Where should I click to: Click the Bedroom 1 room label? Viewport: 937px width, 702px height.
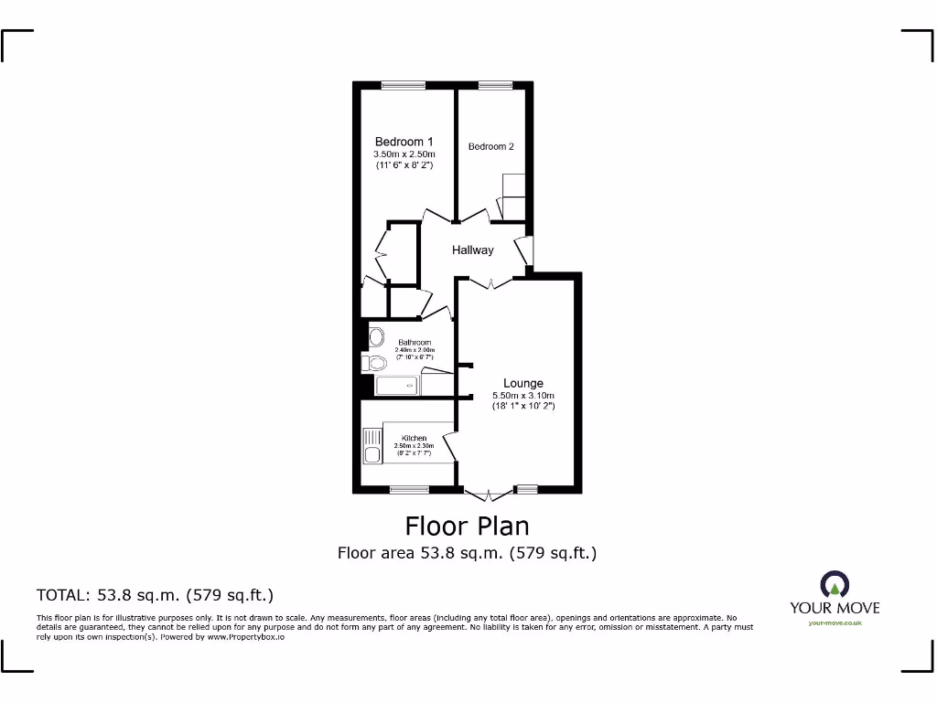404,142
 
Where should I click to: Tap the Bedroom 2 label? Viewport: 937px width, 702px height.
491,146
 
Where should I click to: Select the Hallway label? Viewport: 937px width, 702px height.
473,250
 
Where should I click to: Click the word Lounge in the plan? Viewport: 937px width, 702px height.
523,383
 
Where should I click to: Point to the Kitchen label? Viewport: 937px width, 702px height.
414,439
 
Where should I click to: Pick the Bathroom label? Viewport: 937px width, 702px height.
414,343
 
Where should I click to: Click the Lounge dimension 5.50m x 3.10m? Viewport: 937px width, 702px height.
523,395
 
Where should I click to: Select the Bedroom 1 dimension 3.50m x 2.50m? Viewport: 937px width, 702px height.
404,154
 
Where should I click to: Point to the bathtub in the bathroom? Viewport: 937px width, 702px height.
395,387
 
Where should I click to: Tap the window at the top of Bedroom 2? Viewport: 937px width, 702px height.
494,85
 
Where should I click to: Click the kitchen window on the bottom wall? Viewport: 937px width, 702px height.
409,490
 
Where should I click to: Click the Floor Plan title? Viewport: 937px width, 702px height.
467,526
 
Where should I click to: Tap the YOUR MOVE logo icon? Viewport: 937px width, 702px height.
835,584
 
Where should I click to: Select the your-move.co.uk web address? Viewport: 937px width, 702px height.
835,623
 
